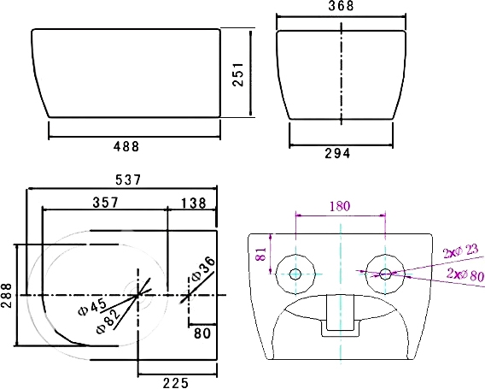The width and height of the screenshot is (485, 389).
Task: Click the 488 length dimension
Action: coord(126,146)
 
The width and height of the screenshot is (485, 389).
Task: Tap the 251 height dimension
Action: coord(238,74)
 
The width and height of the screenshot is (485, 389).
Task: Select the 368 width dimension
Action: coord(341,6)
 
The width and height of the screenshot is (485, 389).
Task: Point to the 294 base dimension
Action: coord(337,153)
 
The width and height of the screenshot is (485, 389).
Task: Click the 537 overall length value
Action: coord(128,180)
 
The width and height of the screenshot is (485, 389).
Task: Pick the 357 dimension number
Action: coord(106,203)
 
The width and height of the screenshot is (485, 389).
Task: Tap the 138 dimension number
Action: coord(193,203)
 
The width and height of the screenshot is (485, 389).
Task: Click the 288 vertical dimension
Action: coord(7,295)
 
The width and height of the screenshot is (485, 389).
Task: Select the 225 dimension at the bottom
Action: coord(176,383)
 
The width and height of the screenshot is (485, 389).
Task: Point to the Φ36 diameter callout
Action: coord(203,268)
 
